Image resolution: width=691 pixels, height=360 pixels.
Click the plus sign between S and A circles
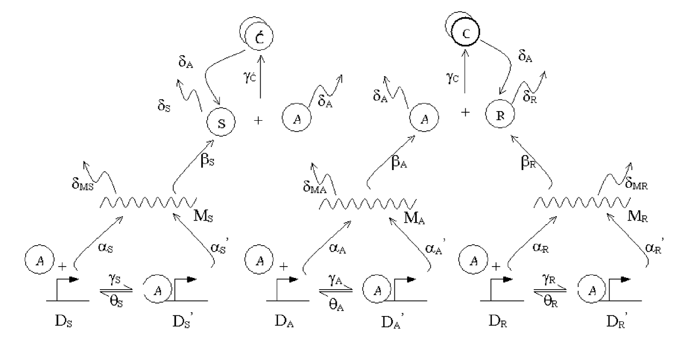259,121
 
